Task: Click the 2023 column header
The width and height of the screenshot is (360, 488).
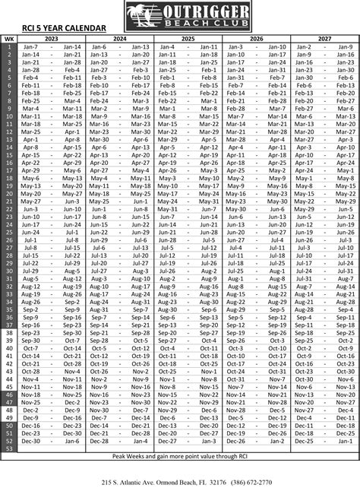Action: point(52,38)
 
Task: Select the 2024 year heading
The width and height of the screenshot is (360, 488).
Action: point(119,38)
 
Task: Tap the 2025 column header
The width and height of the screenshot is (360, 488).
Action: point(188,38)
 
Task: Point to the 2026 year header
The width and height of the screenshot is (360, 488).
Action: point(256,38)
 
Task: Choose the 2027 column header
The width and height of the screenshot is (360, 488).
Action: point(324,38)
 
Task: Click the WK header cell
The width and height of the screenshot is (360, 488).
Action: point(8,38)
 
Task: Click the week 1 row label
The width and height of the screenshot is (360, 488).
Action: point(8,46)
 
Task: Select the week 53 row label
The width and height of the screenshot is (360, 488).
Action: point(8,448)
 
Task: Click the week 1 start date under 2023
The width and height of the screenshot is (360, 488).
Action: point(30,46)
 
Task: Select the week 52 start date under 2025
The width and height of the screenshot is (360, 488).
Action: point(168,441)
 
